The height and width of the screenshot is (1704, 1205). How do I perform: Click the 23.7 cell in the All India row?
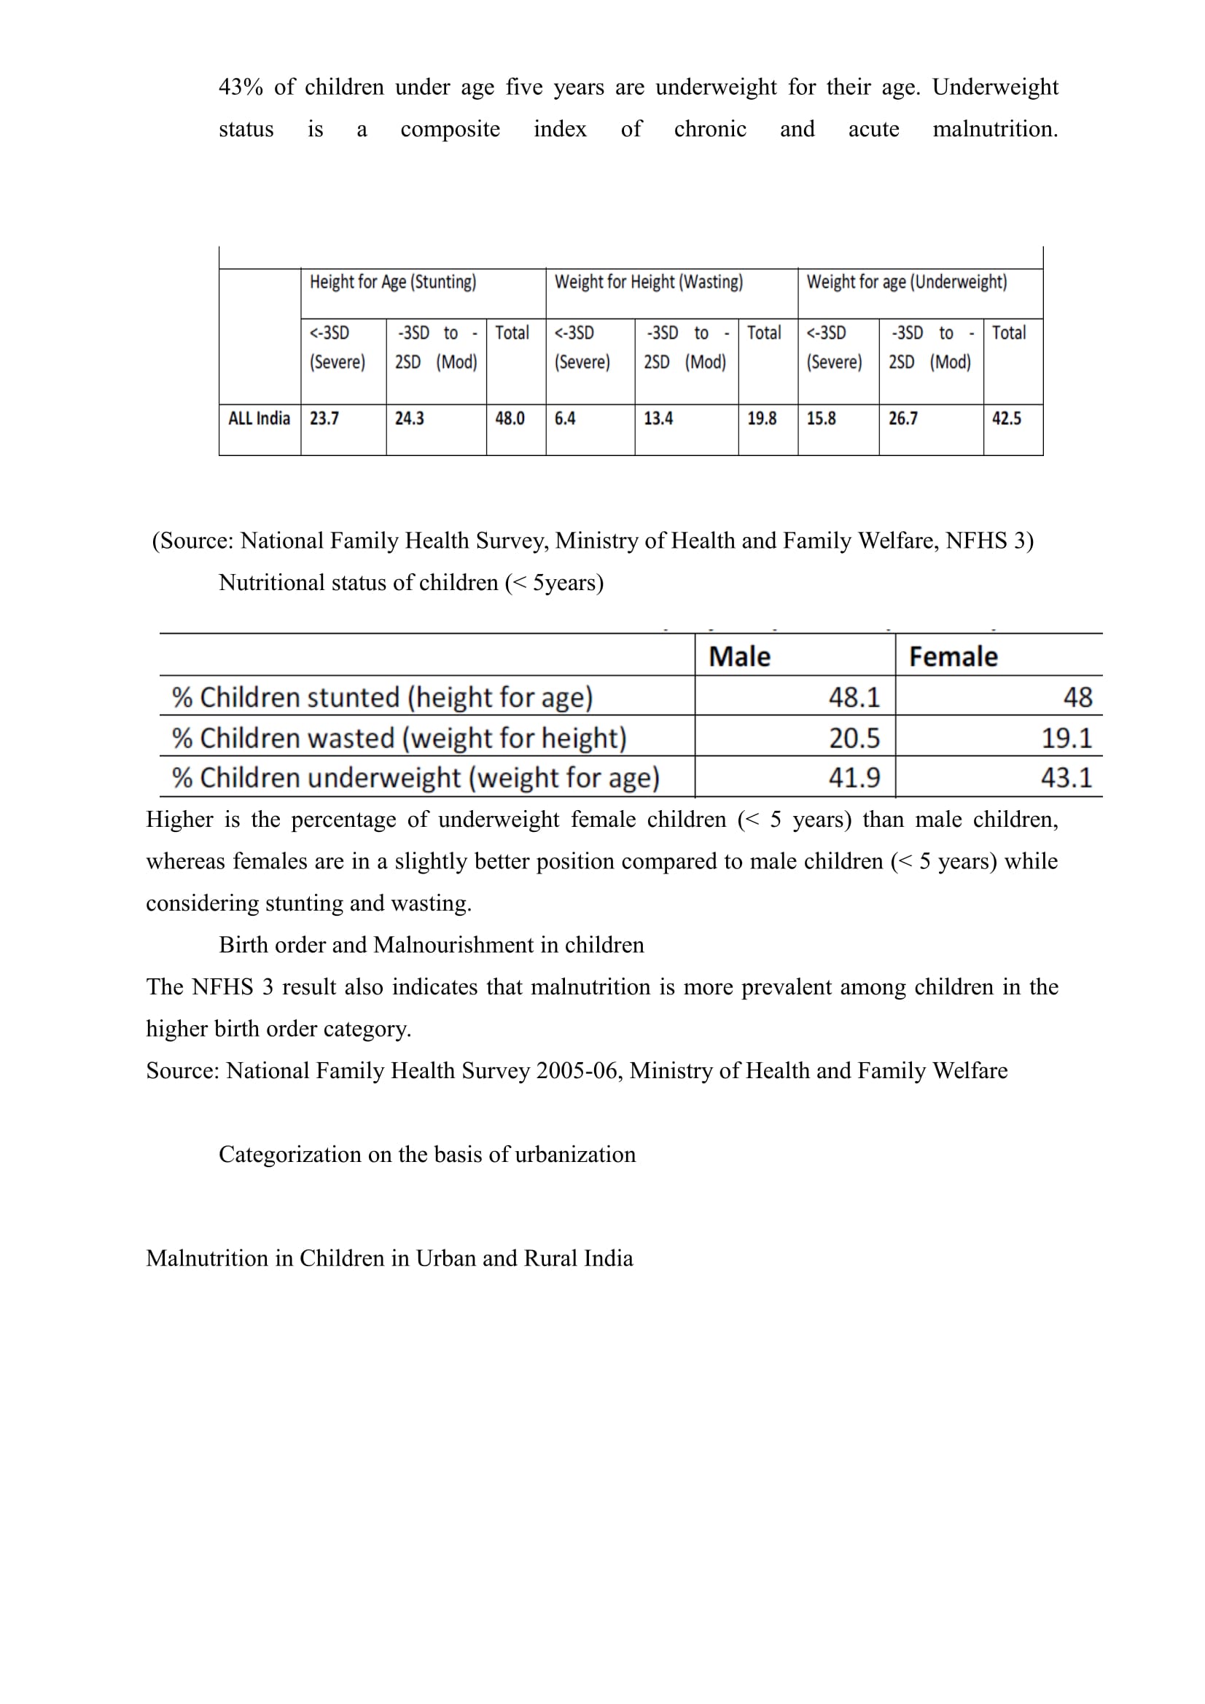(x=324, y=419)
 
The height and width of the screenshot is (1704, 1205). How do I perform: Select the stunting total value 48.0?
(x=510, y=419)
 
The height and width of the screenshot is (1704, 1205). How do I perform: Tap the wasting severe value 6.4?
(x=564, y=419)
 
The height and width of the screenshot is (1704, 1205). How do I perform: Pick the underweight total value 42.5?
(x=1006, y=419)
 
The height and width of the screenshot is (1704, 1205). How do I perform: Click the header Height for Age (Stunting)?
(x=393, y=282)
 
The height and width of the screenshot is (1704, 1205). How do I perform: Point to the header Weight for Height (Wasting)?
(x=648, y=282)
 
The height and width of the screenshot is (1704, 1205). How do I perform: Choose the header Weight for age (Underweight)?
(x=907, y=282)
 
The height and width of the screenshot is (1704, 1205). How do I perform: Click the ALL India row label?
(x=259, y=419)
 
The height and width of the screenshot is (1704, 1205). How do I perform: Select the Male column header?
(x=739, y=657)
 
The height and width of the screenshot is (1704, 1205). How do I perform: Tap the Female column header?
(x=954, y=657)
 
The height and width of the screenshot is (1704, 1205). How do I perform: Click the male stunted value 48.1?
(x=854, y=698)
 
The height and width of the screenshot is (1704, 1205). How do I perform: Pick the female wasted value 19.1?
(x=1066, y=739)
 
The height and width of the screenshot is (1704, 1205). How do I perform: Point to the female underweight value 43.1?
(x=1066, y=778)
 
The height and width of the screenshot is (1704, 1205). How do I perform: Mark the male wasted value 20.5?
(x=854, y=739)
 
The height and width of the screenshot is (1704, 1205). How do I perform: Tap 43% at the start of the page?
(x=241, y=87)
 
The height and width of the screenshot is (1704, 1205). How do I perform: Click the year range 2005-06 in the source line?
(x=578, y=1071)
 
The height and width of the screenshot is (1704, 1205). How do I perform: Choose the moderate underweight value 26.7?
(x=902, y=419)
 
